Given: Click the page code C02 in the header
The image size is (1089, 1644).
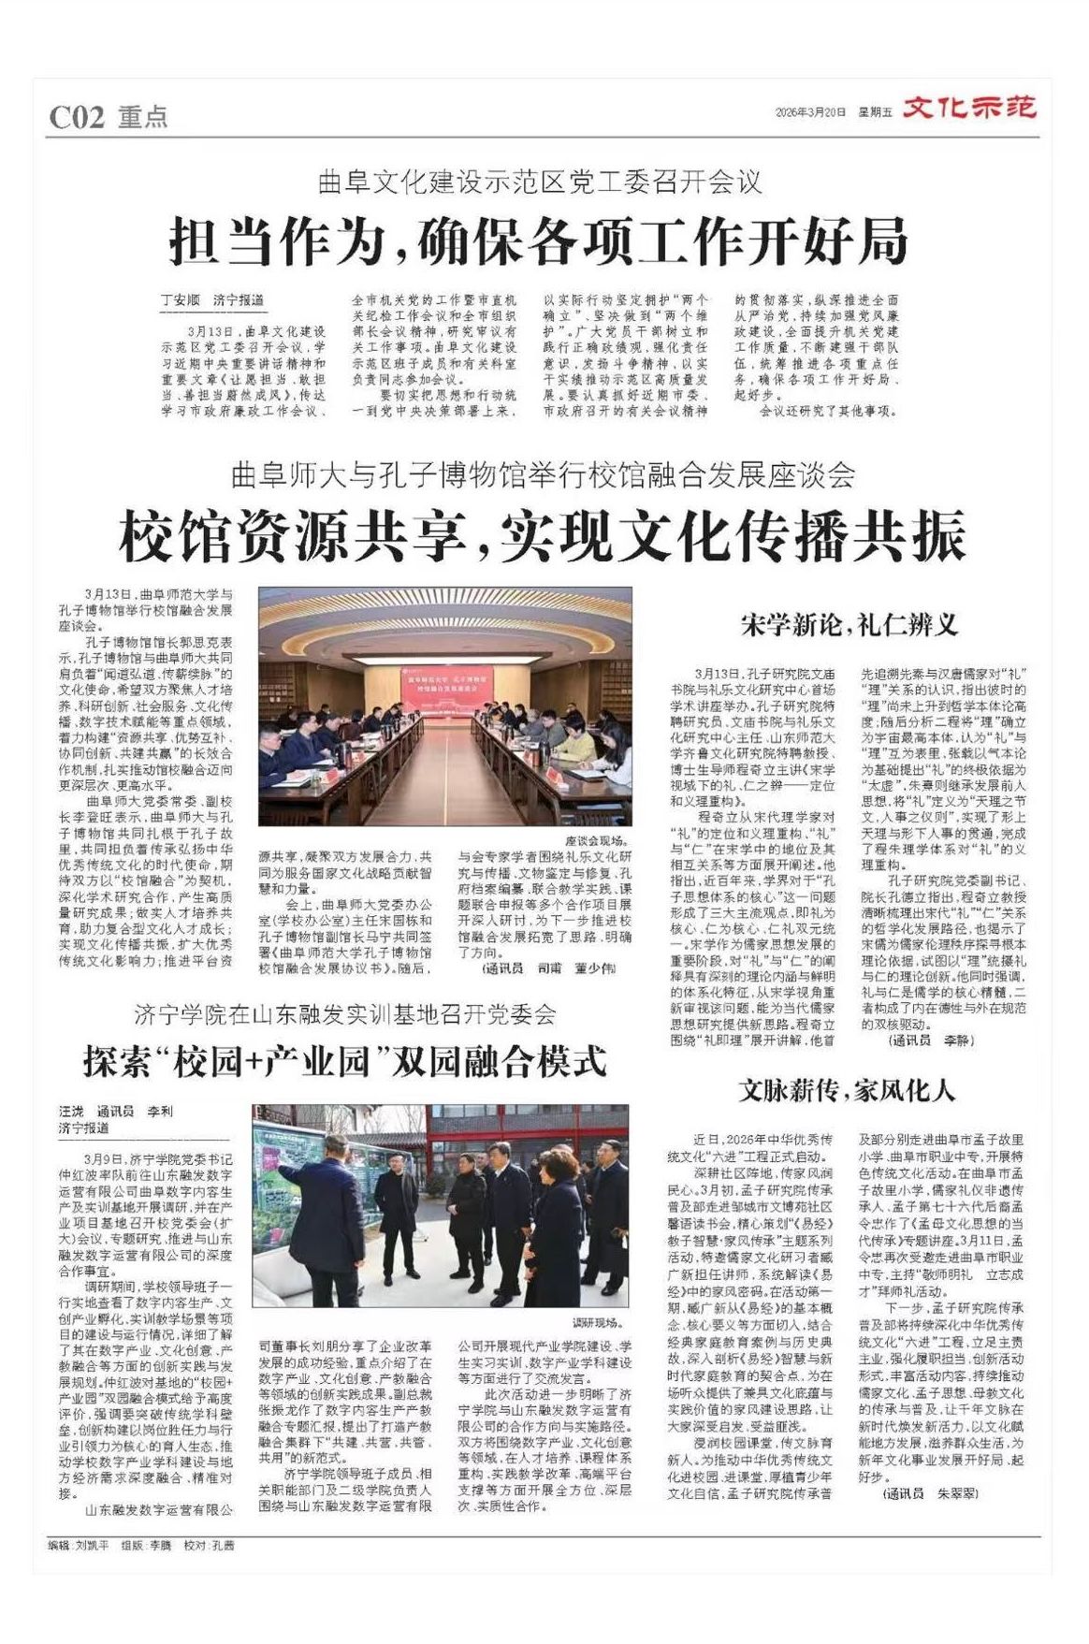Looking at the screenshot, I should [x=76, y=117].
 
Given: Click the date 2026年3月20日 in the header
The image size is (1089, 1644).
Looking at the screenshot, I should [x=810, y=112].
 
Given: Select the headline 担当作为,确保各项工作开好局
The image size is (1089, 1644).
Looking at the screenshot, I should [x=538, y=241].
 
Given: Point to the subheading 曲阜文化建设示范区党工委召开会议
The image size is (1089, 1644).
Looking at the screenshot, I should [x=540, y=182].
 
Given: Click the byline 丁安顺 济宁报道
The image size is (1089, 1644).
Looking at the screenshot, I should [x=212, y=300].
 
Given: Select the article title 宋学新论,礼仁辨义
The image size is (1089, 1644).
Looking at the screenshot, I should [x=849, y=625].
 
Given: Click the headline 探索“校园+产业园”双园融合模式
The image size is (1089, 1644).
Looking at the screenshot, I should [x=344, y=1061].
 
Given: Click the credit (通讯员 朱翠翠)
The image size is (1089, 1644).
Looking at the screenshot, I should [x=931, y=1494].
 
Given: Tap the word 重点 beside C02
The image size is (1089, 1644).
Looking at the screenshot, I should [x=143, y=117].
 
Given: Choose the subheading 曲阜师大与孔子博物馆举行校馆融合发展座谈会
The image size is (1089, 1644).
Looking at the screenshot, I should [x=543, y=476].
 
